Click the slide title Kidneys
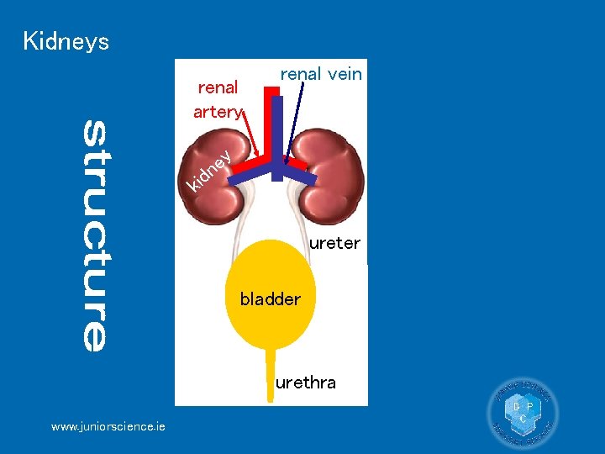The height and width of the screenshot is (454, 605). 66,41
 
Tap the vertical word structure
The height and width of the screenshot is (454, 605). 95,235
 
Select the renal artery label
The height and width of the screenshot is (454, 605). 217,99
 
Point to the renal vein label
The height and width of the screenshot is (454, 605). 321,74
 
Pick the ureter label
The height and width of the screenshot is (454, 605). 334,244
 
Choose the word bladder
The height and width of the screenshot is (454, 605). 270,299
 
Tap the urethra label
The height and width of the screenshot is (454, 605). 306,383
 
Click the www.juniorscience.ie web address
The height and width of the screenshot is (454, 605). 108,427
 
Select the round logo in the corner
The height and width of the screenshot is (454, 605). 522,413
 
